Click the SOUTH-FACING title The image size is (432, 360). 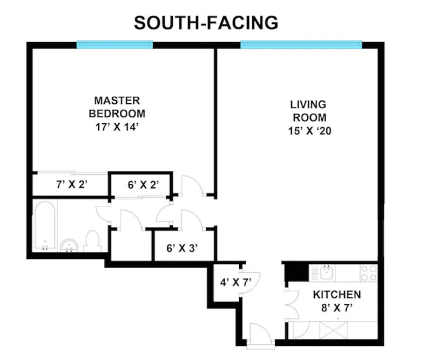pos(206,23)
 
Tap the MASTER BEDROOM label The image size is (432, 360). pos(117,107)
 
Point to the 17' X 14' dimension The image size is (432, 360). pos(117,127)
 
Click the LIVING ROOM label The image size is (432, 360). pos(309,111)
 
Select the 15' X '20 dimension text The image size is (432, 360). pos(309,131)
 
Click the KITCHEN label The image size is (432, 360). pos(337,295)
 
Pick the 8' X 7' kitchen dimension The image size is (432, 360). pos(337,308)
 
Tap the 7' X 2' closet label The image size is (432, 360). pos(72,184)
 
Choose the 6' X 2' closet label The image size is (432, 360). pos(143,184)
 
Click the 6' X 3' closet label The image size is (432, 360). pos(182,248)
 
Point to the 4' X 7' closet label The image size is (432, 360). pos(236,282)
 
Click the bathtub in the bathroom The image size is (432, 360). pos(45,225)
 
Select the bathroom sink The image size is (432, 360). pos(70,245)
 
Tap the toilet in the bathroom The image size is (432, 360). pos(92,241)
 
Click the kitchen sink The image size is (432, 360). pos(327,272)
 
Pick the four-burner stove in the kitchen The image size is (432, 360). pos(369,273)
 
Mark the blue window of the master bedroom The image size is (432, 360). pos(114,45)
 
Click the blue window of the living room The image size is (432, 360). pos(301,44)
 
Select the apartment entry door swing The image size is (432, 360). pos(262,333)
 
